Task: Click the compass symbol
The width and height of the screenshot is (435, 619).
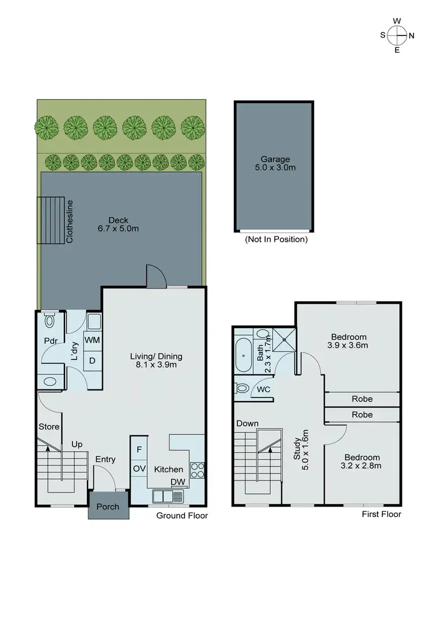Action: tap(397, 35)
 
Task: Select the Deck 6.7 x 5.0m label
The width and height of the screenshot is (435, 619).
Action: tap(123, 224)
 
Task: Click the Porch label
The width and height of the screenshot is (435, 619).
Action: tap(108, 507)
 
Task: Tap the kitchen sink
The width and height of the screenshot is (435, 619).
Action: tap(168, 497)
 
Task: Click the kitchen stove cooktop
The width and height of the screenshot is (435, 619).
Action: tap(197, 470)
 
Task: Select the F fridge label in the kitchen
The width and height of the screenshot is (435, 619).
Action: tap(139, 449)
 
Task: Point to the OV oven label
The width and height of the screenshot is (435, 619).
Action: tap(139, 468)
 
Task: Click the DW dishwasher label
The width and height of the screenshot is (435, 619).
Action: tap(177, 482)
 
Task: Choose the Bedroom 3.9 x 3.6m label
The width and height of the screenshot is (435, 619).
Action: tap(349, 341)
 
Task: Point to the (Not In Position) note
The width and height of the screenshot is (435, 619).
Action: tap(276, 239)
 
